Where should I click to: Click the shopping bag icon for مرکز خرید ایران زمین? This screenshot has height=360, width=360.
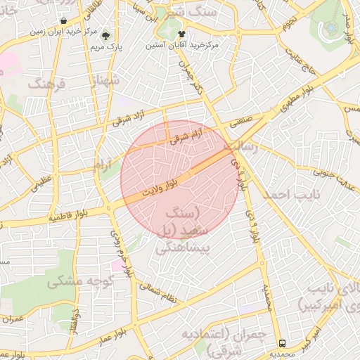pos(64,21)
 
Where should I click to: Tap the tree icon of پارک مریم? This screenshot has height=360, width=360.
pos(106,35)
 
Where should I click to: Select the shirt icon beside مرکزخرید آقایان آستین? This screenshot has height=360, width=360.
pos(181,34)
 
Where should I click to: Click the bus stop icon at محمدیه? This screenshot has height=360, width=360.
pos(282,344)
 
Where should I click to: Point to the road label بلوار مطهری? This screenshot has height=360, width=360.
pos(300,99)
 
